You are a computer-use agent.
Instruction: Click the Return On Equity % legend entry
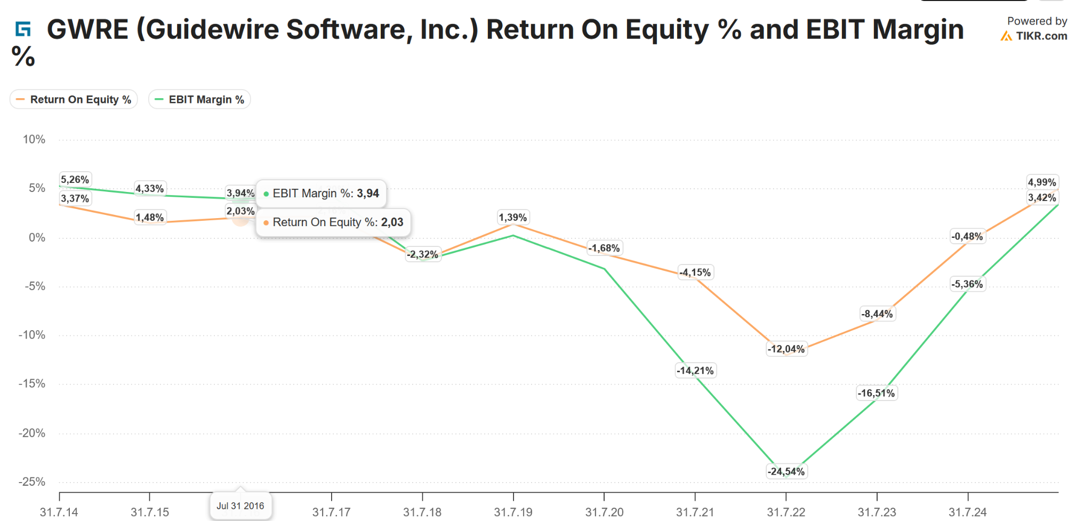point(74,100)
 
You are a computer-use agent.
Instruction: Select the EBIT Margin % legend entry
point(200,100)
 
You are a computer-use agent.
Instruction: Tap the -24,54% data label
point(786,471)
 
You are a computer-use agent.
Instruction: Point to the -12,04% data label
point(786,349)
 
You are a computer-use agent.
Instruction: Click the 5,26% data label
point(75,180)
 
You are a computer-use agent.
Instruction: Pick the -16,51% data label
point(876,394)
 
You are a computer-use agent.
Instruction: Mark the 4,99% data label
point(1042,182)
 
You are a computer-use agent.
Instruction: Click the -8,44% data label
point(877,314)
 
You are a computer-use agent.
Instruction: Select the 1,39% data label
point(513,218)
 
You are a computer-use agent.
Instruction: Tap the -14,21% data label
point(695,371)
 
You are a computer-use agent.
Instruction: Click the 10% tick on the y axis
point(34,140)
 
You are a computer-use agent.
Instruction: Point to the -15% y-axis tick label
point(32,384)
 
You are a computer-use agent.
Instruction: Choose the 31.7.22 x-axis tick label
point(786,512)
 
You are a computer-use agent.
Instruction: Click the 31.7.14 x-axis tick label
point(59,512)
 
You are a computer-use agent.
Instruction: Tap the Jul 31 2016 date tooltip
point(240,506)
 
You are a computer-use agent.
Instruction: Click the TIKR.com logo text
point(1041,36)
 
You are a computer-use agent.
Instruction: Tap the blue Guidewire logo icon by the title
point(23,29)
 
